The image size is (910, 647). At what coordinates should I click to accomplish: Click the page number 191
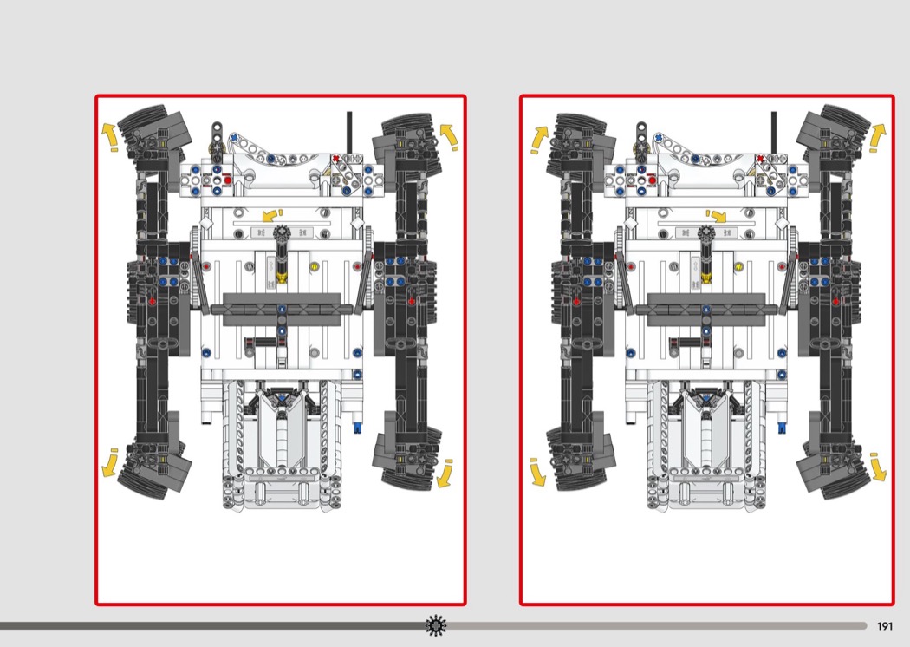click(885, 626)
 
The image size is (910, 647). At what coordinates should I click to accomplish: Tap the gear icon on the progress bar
click(436, 625)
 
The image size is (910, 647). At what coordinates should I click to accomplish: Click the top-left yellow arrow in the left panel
click(109, 137)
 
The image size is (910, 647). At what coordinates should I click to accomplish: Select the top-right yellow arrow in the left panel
click(449, 136)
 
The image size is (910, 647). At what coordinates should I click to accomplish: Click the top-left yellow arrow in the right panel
click(539, 140)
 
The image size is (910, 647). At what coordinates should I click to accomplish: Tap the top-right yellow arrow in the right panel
click(877, 138)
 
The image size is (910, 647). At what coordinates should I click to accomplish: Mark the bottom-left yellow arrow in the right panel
click(537, 472)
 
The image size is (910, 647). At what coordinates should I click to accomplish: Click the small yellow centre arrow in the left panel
click(270, 215)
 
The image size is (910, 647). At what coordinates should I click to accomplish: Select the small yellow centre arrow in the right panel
click(717, 216)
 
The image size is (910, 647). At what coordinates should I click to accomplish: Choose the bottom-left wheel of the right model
click(581, 458)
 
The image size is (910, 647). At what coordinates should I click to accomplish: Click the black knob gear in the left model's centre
click(282, 233)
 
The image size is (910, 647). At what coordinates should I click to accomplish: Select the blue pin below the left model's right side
click(357, 428)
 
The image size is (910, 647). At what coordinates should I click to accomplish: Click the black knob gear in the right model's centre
click(705, 233)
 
